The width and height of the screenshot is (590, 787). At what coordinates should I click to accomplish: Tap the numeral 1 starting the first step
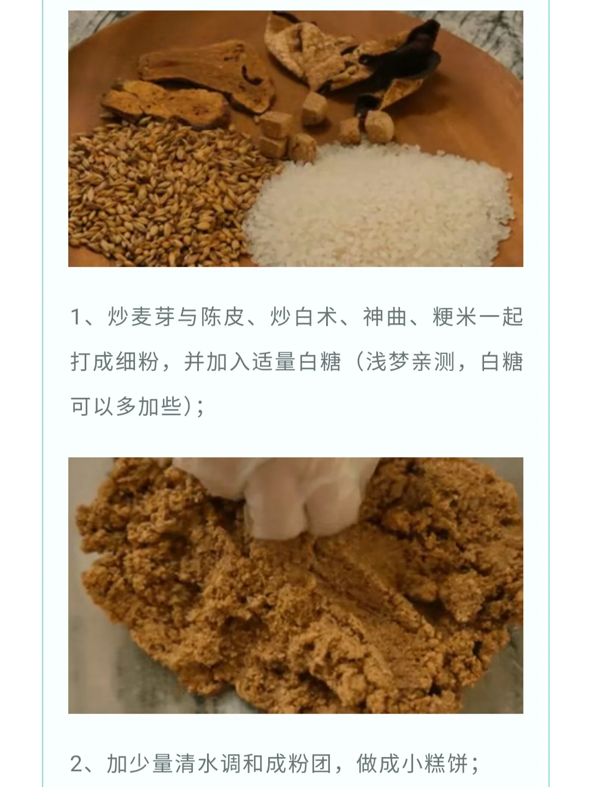(x=76, y=317)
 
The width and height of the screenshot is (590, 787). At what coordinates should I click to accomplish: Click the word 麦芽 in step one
(x=154, y=317)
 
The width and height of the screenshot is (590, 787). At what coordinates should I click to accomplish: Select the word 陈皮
(x=224, y=317)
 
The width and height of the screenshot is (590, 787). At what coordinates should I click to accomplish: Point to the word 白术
(x=316, y=317)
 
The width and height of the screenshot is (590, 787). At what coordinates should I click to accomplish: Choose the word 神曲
(x=385, y=317)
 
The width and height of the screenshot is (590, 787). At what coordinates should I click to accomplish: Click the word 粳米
(x=455, y=317)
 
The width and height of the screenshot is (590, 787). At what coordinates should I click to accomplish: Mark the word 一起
(x=501, y=317)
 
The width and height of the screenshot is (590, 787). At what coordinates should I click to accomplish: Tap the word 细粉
(x=137, y=362)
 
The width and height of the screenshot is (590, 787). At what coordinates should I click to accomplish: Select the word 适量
(x=274, y=362)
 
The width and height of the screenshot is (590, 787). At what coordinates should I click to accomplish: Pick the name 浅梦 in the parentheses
(x=388, y=362)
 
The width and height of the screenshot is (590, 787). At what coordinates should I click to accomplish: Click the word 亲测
(x=434, y=362)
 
